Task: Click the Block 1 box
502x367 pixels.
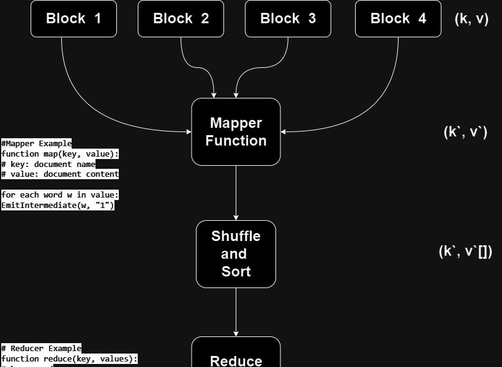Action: click(73, 18)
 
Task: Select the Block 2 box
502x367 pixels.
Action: click(181, 18)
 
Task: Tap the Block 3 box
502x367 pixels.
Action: click(288, 18)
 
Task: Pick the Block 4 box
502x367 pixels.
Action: click(398, 18)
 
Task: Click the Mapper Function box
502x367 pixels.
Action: click(236, 132)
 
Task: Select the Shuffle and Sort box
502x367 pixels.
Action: click(236, 254)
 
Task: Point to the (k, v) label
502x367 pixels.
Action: click(471, 18)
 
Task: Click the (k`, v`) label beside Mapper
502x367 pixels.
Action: click(465, 132)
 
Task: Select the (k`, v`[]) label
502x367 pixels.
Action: click(465, 251)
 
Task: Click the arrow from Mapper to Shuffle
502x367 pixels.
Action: click(236, 193)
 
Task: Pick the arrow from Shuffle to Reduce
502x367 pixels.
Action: click(236, 312)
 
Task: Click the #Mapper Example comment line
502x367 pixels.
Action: click(36, 144)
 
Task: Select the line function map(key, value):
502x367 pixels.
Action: click(60, 154)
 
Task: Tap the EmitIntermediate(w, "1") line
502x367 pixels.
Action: click(58, 206)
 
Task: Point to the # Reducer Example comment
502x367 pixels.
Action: click(41, 348)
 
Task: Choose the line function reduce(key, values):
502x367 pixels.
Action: click(69, 358)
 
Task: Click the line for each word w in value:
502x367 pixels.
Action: click(60, 195)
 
